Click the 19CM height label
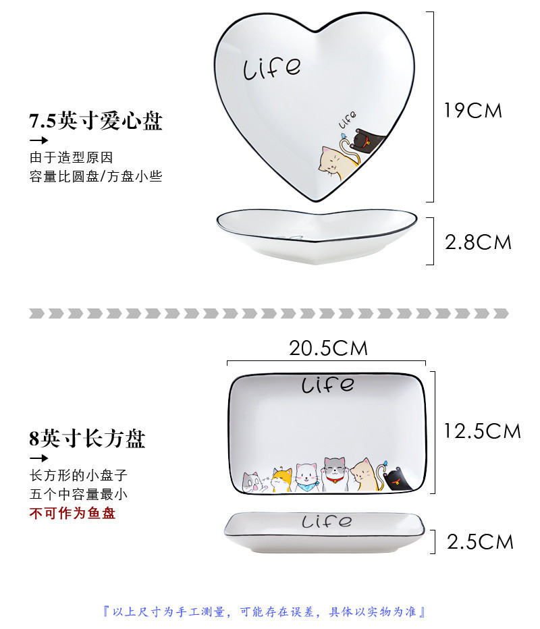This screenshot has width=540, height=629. click(473, 111)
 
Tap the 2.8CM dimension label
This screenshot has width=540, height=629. click(478, 242)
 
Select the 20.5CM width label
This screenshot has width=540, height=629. click(328, 348)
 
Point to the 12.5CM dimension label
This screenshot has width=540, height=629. click(482, 431)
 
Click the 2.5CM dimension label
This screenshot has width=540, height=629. click(480, 541)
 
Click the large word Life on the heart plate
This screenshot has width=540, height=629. click(271, 67)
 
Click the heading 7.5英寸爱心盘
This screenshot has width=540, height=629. click(95, 121)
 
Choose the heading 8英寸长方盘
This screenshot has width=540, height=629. click(87, 439)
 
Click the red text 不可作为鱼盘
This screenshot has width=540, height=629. click(72, 514)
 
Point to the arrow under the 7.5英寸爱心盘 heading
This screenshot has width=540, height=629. click(38, 140)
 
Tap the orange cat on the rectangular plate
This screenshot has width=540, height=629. click(283, 479)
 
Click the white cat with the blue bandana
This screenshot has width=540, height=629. click(307, 477)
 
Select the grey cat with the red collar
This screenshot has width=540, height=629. click(333, 473)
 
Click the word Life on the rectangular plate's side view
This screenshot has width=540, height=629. click(327, 522)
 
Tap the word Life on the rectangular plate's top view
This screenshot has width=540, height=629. click(327, 385)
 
